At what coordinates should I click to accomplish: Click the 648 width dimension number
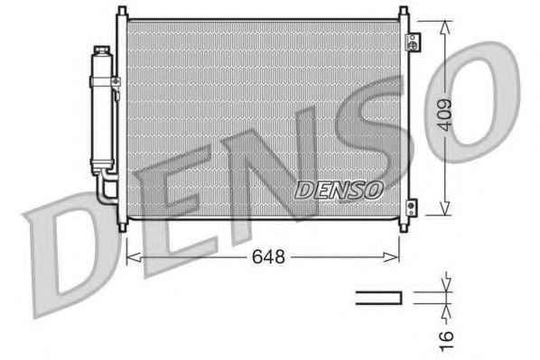268,257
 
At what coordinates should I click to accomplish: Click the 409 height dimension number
444,115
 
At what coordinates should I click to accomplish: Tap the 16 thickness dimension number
446,341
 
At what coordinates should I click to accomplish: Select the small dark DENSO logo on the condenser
339,190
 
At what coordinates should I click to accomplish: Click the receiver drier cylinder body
102,110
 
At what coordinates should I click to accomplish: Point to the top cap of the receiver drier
102,51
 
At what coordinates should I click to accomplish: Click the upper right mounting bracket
414,42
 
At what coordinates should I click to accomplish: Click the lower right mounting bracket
411,208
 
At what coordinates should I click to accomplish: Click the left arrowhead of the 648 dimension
134,257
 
